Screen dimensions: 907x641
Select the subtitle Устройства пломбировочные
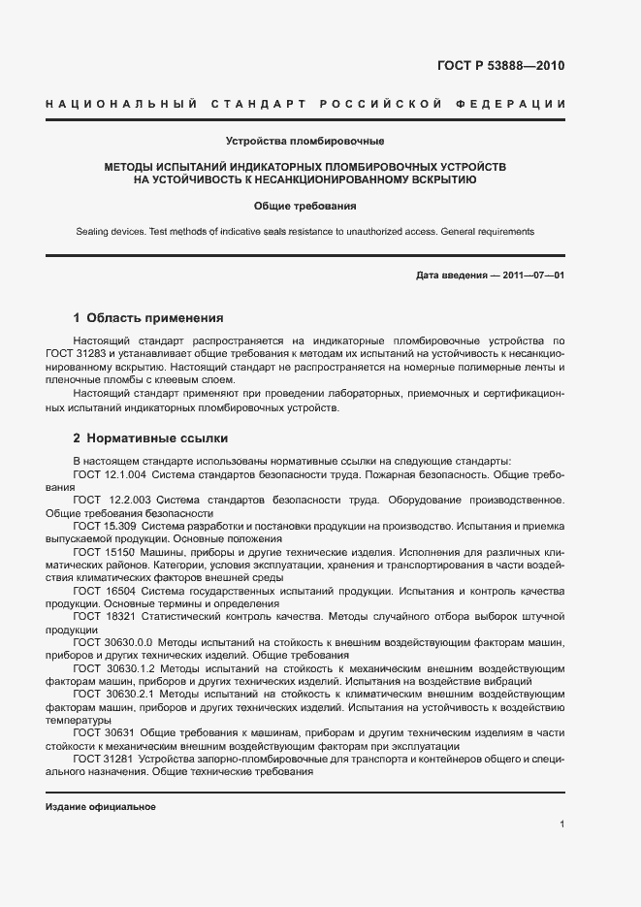(x=305, y=143)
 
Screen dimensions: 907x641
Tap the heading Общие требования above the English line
(x=305, y=206)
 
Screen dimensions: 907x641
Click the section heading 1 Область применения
(x=148, y=317)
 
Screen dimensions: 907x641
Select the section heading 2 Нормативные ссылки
(x=150, y=437)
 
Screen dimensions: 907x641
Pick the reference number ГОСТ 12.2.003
(x=112, y=500)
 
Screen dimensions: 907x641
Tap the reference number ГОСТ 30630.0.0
(x=112, y=641)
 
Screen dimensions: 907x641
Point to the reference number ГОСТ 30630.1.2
(x=112, y=667)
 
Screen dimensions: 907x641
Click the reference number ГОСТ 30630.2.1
(x=112, y=694)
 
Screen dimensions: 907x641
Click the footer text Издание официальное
(x=101, y=807)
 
